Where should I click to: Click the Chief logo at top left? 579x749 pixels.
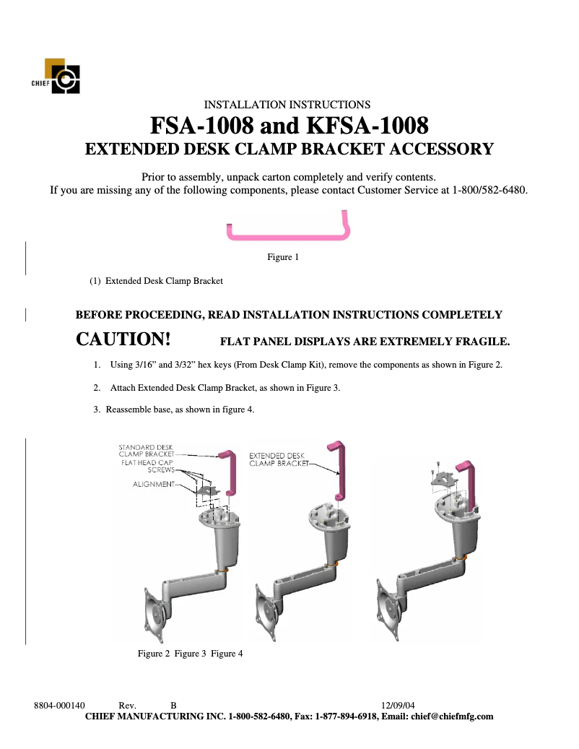tap(61, 77)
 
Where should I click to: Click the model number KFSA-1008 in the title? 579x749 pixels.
tap(368, 126)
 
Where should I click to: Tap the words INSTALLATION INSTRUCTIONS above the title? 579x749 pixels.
tap(287, 105)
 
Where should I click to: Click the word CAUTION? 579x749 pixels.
tap(123, 339)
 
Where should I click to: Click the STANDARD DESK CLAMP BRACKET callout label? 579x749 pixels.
tap(146, 451)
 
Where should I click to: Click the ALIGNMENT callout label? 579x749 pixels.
tap(153, 484)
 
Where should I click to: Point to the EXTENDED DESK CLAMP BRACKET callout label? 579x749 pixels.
tap(277, 460)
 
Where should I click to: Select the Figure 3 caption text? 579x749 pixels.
tap(190, 654)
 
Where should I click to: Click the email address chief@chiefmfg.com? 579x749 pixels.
tap(452, 716)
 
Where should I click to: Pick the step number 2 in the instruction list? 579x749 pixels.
tap(97, 388)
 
